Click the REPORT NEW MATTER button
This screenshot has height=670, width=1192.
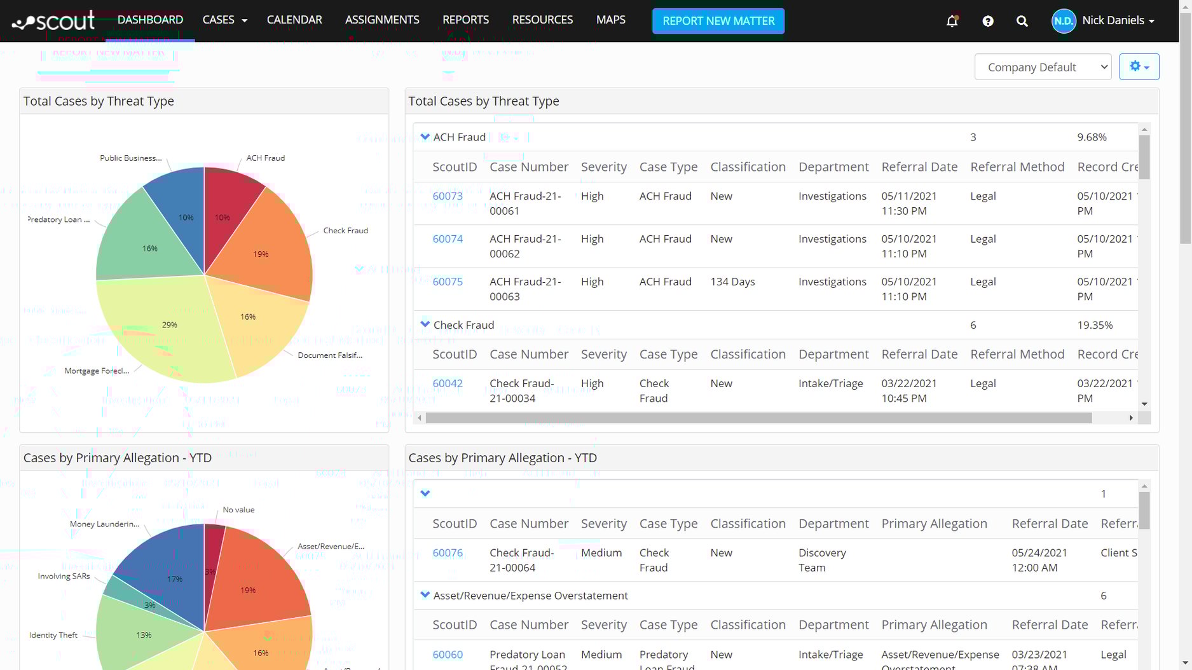click(718, 21)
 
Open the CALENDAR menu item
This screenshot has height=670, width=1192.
click(294, 20)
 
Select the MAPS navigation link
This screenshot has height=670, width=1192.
click(610, 20)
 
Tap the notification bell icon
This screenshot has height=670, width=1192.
click(952, 21)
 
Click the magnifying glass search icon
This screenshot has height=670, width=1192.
click(1022, 21)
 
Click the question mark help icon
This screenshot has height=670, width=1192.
click(987, 21)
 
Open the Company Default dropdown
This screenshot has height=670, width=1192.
click(1043, 67)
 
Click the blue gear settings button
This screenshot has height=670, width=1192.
click(1139, 67)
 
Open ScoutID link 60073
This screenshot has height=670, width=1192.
click(448, 196)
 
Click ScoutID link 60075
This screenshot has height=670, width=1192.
click(448, 282)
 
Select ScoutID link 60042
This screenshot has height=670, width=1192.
click(448, 383)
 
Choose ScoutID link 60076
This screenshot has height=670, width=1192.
click(448, 553)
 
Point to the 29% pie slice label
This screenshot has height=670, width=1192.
click(169, 325)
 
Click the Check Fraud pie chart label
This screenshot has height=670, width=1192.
click(345, 231)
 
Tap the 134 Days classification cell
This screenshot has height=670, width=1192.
click(732, 282)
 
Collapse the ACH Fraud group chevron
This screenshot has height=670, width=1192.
click(425, 137)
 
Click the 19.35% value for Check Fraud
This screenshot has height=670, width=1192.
click(1095, 325)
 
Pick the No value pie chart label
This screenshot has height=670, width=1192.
click(238, 510)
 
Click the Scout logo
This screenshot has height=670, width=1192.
click(54, 21)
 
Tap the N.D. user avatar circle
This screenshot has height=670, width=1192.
click(1064, 21)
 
